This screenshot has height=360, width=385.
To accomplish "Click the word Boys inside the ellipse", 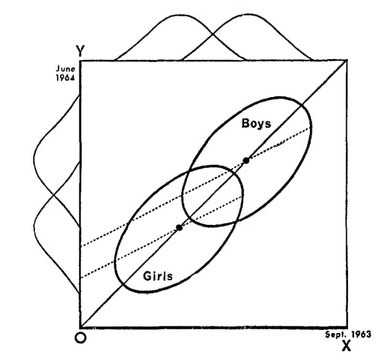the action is point(256,123).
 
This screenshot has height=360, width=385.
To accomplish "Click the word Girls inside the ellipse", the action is point(158,276).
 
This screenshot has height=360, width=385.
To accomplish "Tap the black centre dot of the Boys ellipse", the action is point(246,160).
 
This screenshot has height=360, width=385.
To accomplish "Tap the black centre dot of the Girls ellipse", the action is point(180,228).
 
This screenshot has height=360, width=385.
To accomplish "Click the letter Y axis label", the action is point(81,51).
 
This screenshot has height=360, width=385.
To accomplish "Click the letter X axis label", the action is point(346,346).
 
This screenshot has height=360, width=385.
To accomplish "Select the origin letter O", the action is point(81,338).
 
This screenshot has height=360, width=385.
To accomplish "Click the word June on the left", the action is point(65,69).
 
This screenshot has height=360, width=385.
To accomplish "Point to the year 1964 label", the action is point(65,78).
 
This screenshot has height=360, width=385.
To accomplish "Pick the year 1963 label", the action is point(361,334).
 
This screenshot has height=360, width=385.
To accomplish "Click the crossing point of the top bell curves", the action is point(213,35).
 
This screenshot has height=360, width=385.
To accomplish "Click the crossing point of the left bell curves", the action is point(54,195).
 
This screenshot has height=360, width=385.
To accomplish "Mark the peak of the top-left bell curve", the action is point(180,15).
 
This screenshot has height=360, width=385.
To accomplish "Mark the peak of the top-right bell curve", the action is point(247,15).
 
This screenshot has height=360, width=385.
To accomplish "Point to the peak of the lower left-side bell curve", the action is point(34,227).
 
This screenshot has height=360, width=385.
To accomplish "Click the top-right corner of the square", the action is point(347,60).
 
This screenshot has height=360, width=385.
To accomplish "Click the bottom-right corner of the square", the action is point(347,327).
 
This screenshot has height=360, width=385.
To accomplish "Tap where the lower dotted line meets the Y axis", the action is point(81,278).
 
